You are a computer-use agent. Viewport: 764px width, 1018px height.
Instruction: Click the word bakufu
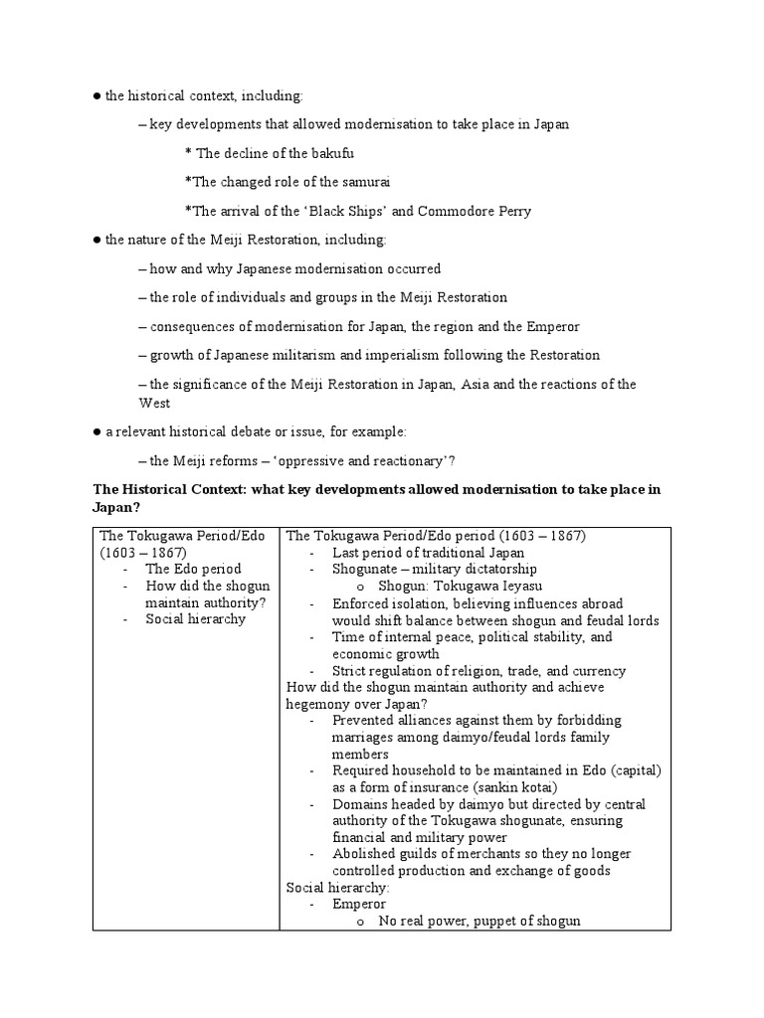(331, 153)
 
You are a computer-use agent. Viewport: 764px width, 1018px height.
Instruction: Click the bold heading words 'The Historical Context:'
(169, 489)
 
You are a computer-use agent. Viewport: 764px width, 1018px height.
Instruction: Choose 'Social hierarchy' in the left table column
(195, 619)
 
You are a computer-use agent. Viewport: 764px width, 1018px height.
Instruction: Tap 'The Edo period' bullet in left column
(193, 569)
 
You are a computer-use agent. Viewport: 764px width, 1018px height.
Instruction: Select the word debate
(269, 431)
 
